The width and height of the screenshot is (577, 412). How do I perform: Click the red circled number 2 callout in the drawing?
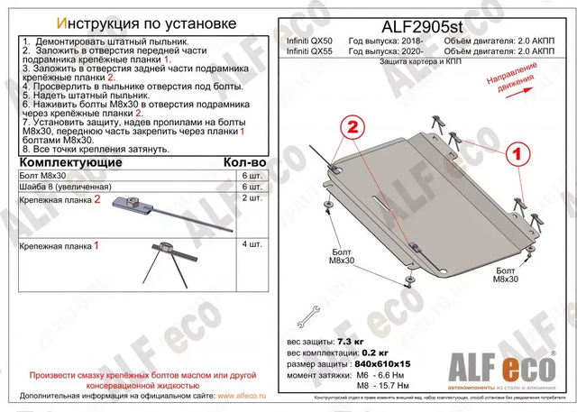click(x=353, y=124)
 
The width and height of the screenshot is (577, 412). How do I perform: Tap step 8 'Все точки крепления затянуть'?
click(x=78, y=149)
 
